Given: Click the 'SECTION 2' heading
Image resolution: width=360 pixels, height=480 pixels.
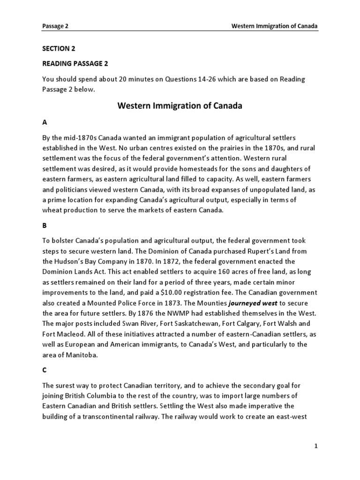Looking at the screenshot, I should tap(59, 48).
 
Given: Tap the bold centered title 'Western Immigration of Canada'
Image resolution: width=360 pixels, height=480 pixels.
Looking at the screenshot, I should tap(180, 105).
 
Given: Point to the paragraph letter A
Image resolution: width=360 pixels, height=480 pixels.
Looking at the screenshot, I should tap(45, 122).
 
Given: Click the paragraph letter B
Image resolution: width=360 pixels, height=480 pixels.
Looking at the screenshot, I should tap(45, 225).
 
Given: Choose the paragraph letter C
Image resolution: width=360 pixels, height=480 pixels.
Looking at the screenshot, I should tap(45, 369).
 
